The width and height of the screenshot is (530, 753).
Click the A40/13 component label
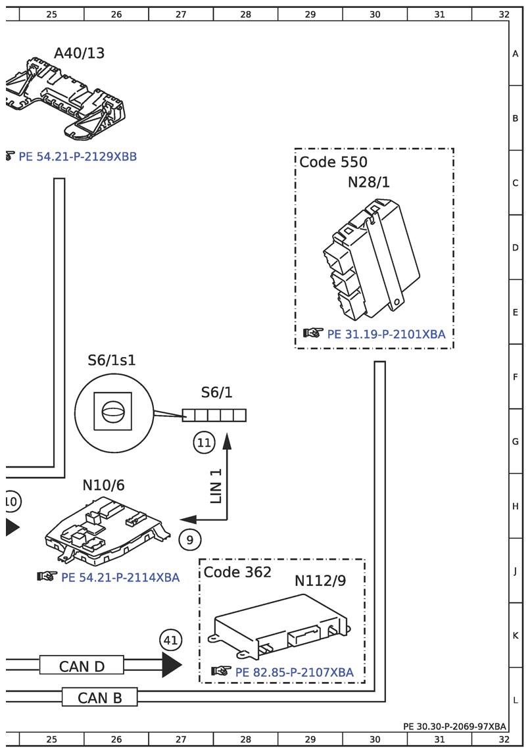click(79, 53)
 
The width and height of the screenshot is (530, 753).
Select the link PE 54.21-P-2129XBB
click(77, 157)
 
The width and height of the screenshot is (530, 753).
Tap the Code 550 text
click(333, 162)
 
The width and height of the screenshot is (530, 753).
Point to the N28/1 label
click(368, 182)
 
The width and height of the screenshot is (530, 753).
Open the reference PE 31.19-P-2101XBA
click(386, 334)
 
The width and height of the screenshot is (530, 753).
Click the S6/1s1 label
click(112, 360)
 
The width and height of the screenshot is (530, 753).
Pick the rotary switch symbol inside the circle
click(112, 414)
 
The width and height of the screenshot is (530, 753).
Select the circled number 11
click(204, 443)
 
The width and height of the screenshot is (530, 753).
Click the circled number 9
click(190, 540)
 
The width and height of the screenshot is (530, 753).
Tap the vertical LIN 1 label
click(216, 485)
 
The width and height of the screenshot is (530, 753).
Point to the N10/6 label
click(103, 485)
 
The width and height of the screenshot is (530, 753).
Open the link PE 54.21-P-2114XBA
click(120, 577)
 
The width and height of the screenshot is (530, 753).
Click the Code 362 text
click(237, 572)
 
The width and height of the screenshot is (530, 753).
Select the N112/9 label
click(320, 581)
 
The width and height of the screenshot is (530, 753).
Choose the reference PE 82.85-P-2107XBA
click(294, 672)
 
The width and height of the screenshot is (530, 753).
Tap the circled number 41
click(170, 640)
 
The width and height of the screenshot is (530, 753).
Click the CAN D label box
click(82, 666)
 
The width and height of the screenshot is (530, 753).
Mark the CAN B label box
click(100, 697)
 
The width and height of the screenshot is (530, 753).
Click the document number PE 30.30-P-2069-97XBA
click(454, 726)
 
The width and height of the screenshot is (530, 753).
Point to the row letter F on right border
click(516, 377)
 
